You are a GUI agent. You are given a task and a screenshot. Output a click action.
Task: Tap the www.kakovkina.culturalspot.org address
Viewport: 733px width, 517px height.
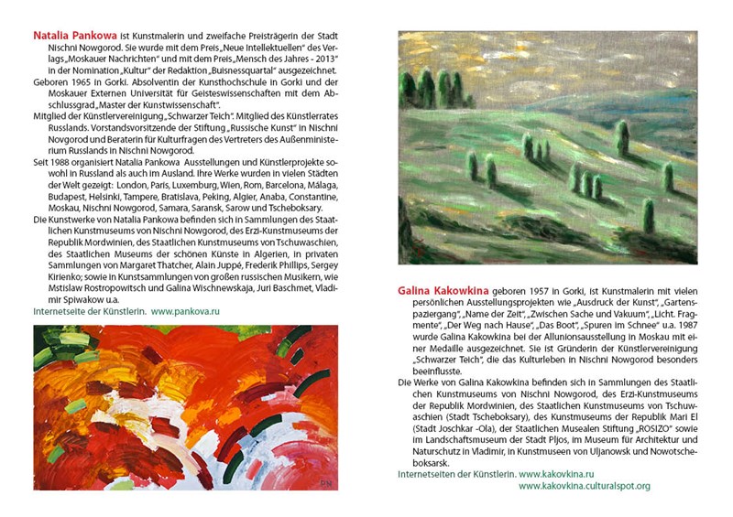click(584, 486)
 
